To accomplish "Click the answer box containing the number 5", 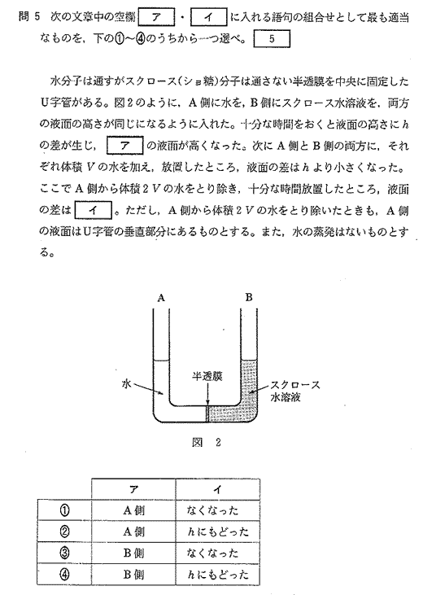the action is [272, 39].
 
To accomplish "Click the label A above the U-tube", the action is [161, 298].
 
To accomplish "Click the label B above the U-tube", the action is [249, 298].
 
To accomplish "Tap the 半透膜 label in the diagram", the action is [207, 376].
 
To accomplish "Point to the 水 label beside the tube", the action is [126, 383].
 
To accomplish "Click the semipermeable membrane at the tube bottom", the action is [207, 413].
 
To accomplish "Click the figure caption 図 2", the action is [207, 443].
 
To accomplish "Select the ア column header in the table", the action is [133, 489].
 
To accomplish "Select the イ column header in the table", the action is [217, 489].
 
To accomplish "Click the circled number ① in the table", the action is [64, 510].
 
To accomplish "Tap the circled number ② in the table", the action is [64, 532].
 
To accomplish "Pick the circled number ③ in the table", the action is [64, 553].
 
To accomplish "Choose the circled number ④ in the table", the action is [64, 575].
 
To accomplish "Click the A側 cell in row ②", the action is [133, 532].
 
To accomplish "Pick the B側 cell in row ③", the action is [133, 553].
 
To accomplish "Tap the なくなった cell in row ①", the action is [213, 510].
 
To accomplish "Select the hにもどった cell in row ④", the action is [218, 575].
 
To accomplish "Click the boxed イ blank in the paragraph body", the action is [94, 211].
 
